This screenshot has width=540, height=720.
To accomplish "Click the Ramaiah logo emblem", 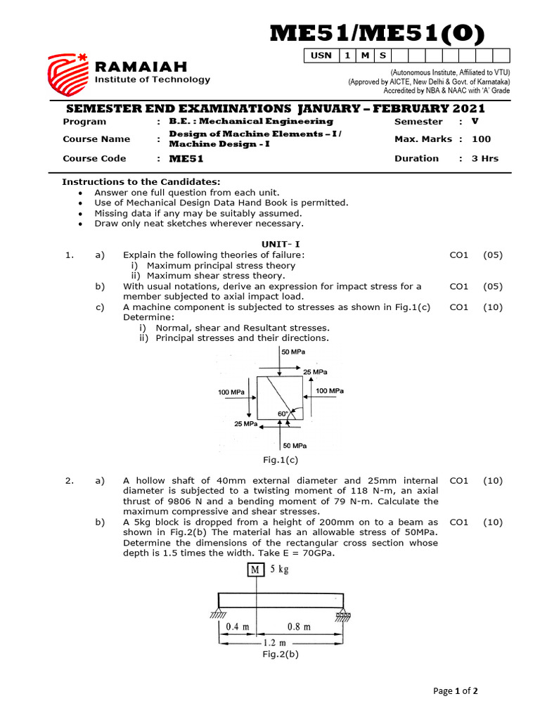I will coord(67,75).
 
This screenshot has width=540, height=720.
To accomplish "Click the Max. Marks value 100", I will coord(482,139).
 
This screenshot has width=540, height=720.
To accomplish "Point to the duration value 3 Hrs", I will coord(484,158).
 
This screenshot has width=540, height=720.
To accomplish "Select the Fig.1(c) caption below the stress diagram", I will coord(281,460).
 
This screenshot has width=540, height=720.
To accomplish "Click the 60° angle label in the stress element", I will coord(283,414).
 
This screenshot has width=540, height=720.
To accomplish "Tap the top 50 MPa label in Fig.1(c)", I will coord(293,352).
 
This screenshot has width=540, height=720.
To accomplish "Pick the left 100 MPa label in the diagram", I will coord(231,392).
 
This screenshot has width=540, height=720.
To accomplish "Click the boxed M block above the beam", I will coord(255,570).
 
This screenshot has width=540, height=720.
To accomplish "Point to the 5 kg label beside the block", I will coord(278,570).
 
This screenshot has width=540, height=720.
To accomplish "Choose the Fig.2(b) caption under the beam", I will coord(281,654).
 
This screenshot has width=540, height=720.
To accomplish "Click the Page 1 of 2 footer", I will coord(456,691).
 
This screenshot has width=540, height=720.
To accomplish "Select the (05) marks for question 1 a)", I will coord(493,255).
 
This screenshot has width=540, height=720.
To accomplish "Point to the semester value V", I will coord(475,121).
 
